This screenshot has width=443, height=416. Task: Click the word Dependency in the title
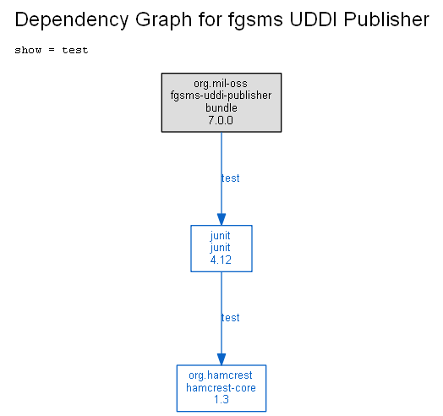72,20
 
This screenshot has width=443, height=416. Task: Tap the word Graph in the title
164,20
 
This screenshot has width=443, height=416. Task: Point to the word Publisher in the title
386,19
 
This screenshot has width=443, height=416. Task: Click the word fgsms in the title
255,20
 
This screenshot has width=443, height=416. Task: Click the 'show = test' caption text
52,50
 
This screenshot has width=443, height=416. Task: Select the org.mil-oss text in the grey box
221,84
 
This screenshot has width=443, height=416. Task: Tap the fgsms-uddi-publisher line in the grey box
221,96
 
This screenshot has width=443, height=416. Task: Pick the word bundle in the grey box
221,107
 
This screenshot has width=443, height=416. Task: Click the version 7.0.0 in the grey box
221,120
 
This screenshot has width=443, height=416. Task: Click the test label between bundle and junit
231,178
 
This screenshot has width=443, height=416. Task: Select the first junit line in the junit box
221,236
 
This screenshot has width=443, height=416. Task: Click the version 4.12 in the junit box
221,260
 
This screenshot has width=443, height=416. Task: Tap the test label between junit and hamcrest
231,318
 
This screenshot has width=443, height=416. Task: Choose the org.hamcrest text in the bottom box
221,375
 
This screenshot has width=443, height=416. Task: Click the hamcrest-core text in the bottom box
221,388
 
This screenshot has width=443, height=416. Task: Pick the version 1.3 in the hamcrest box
221,399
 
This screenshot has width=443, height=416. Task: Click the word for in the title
211,19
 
